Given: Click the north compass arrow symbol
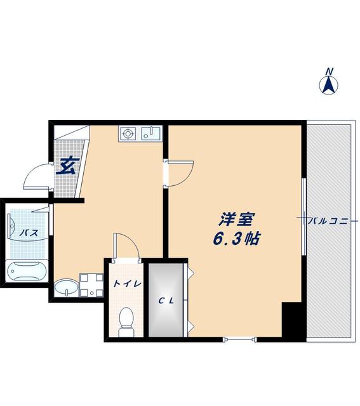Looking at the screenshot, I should (x=330, y=85).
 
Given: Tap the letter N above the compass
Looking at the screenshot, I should (x=329, y=70).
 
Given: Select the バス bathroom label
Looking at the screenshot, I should (x=28, y=233).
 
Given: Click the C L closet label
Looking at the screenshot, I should (x=166, y=299).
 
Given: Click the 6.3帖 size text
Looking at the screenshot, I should (x=236, y=240).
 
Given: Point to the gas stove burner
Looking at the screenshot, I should (x=128, y=134).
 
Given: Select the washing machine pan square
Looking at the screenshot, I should (x=90, y=285).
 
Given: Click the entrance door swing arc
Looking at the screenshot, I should (x=36, y=177).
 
